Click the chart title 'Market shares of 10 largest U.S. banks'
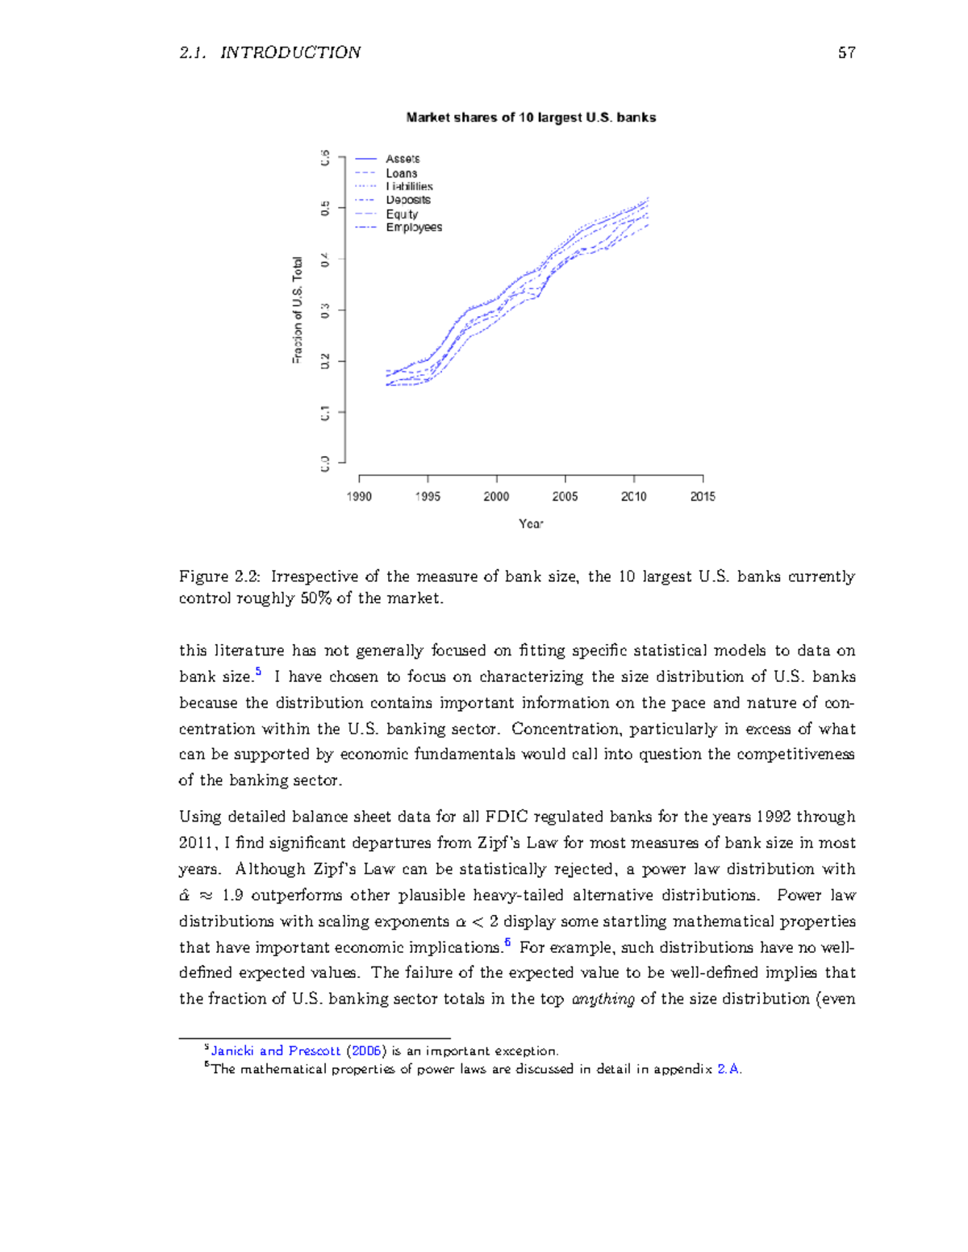pos(531,118)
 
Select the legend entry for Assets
pos(402,159)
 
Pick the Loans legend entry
pos(401,173)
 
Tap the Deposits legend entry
pos(407,200)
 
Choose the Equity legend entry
pos(402,214)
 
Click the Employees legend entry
pos(413,227)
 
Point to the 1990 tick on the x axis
pos(359,497)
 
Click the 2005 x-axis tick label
pos(565,497)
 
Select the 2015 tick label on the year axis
pos(703,497)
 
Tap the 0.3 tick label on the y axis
pos(325,310)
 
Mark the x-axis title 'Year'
pos(531,524)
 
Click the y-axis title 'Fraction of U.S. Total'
pos(298,310)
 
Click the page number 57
pos(846,52)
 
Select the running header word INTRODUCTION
pos(290,52)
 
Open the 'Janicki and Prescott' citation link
pos(276,1051)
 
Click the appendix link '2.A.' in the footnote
pos(729,1070)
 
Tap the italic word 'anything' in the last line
pos(603,1000)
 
